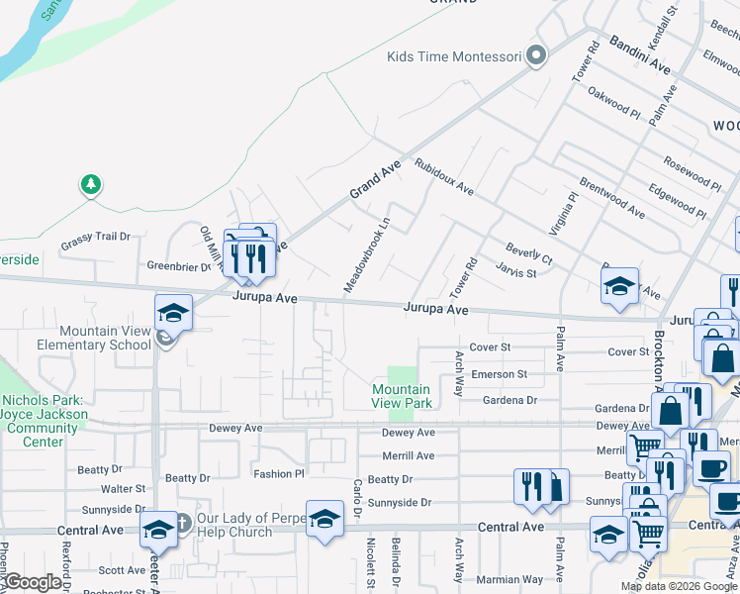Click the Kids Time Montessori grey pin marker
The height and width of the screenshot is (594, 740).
(x=537, y=55)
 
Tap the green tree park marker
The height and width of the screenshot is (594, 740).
(x=91, y=183)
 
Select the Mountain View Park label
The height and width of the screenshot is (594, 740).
(x=402, y=396)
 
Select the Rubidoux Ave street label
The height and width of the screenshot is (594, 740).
(x=444, y=176)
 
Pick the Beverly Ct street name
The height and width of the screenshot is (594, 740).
(x=528, y=252)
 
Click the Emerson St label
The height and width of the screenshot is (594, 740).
(x=499, y=374)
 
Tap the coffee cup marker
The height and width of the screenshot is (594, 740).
(x=712, y=467)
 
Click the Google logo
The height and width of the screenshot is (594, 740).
(x=33, y=582)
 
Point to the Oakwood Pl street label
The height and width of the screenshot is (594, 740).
(x=613, y=102)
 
